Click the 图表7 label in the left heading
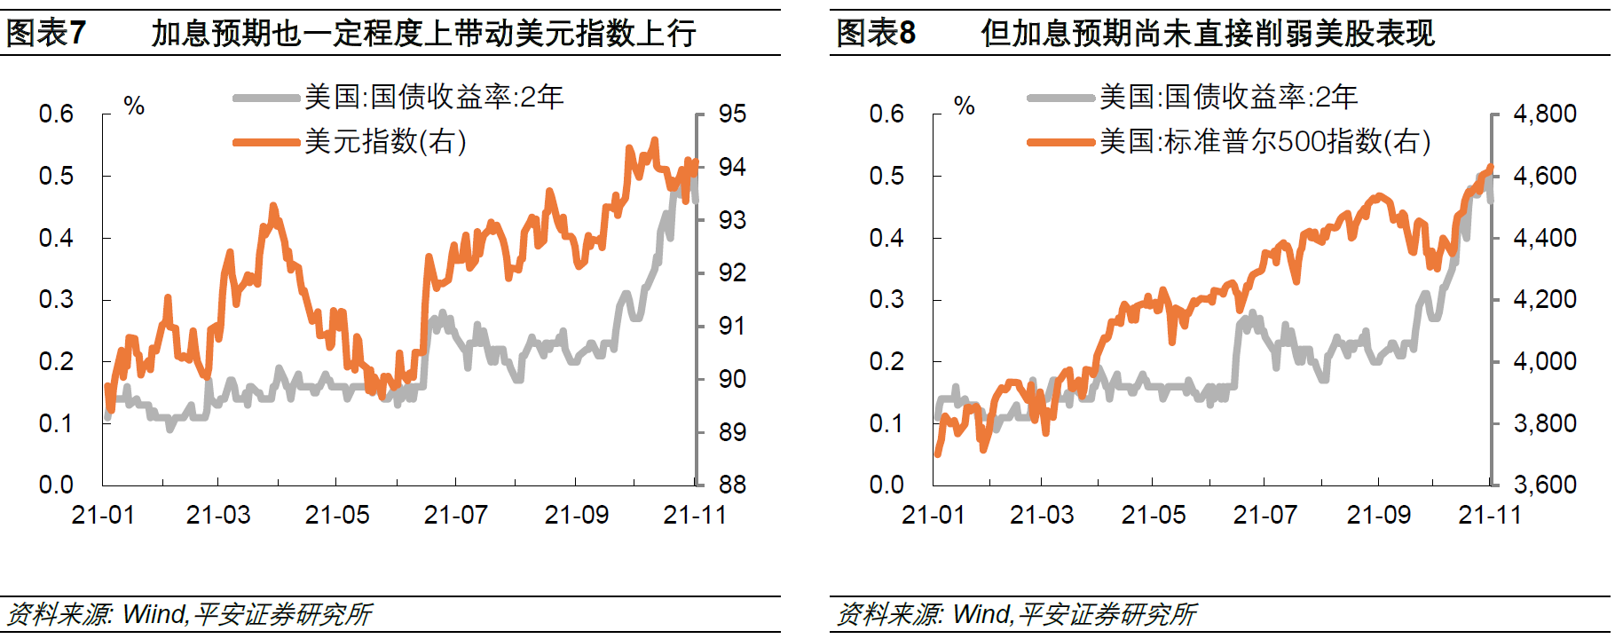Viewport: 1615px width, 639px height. pyautogui.click(x=46, y=34)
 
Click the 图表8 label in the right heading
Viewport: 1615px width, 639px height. pyautogui.click(x=876, y=34)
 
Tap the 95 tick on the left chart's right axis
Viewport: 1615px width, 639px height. pyautogui.click(x=732, y=114)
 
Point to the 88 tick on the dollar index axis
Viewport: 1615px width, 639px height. pyautogui.click(x=732, y=485)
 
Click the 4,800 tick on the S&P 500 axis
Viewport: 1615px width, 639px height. pyautogui.click(x=1545, y=114)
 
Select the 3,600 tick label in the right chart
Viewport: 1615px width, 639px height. pyautogui.click(x=1545, y=485)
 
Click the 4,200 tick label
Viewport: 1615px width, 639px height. pyautogui.click(x=1545, y=299)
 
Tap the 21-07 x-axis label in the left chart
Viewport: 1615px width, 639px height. pyautogui.click(x=455, y=515)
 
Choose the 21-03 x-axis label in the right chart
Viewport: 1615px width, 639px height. pyautogui.click(x=1042, y=515)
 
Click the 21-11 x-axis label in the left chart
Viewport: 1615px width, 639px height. pyautogui.click(x=695, y=515)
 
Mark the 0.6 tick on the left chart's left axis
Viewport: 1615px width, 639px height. pyautogui.click(x=56, y=114)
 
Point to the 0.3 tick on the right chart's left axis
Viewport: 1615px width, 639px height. pyautogui.click(x=886, y=299)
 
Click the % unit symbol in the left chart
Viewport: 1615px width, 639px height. pyautogui.click(x=134, y=106)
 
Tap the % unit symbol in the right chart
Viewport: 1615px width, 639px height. pyautogui.click(x=965, y=106)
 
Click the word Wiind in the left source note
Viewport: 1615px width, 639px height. pyautogui.click(x=154, y=614)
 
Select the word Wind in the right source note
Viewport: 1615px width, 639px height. pyautogui.click(x=981, y=614)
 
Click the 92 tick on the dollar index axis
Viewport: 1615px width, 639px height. pyautogui.click(x=732, y=272)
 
